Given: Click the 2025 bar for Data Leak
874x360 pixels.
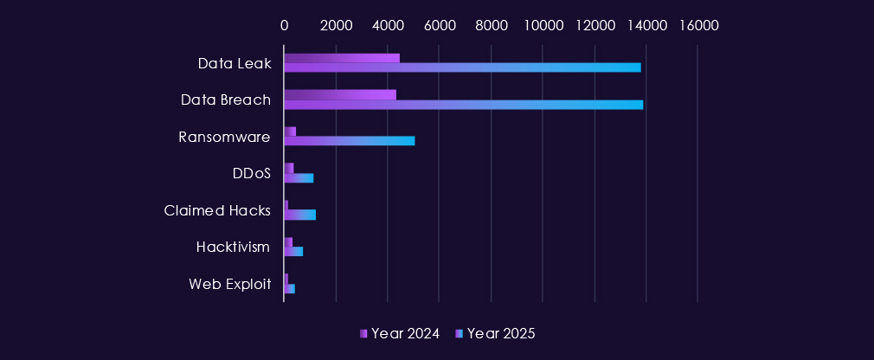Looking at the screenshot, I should (462, 67).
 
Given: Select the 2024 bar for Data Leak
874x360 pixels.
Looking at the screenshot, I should (342, 58).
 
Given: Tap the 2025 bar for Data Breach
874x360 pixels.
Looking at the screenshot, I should (464, 105).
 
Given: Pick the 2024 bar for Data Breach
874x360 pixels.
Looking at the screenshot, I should (340, 94).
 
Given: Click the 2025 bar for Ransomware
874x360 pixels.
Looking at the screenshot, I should (350, 141).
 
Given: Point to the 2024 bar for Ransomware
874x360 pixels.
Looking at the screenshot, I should (290, 132).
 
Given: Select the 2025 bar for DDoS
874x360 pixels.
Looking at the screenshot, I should (299, 178).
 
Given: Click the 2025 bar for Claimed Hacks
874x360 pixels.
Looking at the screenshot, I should (300, 215).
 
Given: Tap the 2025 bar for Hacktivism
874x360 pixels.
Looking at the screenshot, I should (293, 251).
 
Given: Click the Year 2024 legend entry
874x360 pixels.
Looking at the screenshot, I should (400, 334).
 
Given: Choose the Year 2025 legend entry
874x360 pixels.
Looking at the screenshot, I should (496, 334).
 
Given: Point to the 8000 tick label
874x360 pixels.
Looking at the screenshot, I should (491, 25).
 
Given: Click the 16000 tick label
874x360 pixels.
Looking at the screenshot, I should (697, 25).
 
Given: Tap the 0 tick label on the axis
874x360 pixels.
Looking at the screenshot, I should (284, 25).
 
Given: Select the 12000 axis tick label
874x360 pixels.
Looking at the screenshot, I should (594, 25).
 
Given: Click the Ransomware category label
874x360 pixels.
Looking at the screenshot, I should (224, 137).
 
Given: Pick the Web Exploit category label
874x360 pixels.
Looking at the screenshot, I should (229, 284).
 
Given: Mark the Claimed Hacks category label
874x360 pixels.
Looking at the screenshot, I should (217, 210).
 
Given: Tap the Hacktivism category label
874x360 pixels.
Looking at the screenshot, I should (233, 247).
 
